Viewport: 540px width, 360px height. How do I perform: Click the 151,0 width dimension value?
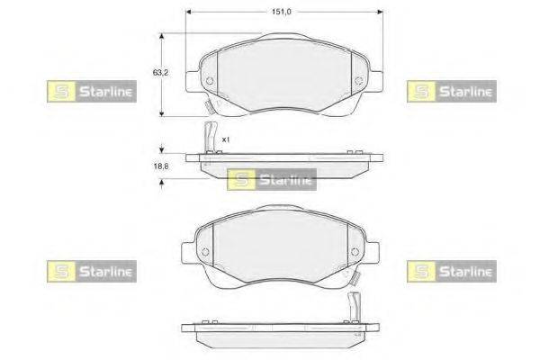282,12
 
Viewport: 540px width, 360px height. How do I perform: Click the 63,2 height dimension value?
160,73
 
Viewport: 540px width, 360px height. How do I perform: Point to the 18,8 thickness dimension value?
161,166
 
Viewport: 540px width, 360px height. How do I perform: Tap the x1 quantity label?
226,139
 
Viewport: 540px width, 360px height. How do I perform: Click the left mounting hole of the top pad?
210,81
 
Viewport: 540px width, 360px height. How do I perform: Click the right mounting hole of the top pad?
358,81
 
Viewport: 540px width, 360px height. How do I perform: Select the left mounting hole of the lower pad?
205,252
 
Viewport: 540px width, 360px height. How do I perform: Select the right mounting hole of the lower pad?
355,252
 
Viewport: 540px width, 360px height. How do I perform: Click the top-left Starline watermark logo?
92,91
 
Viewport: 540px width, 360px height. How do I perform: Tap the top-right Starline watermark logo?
452,91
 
